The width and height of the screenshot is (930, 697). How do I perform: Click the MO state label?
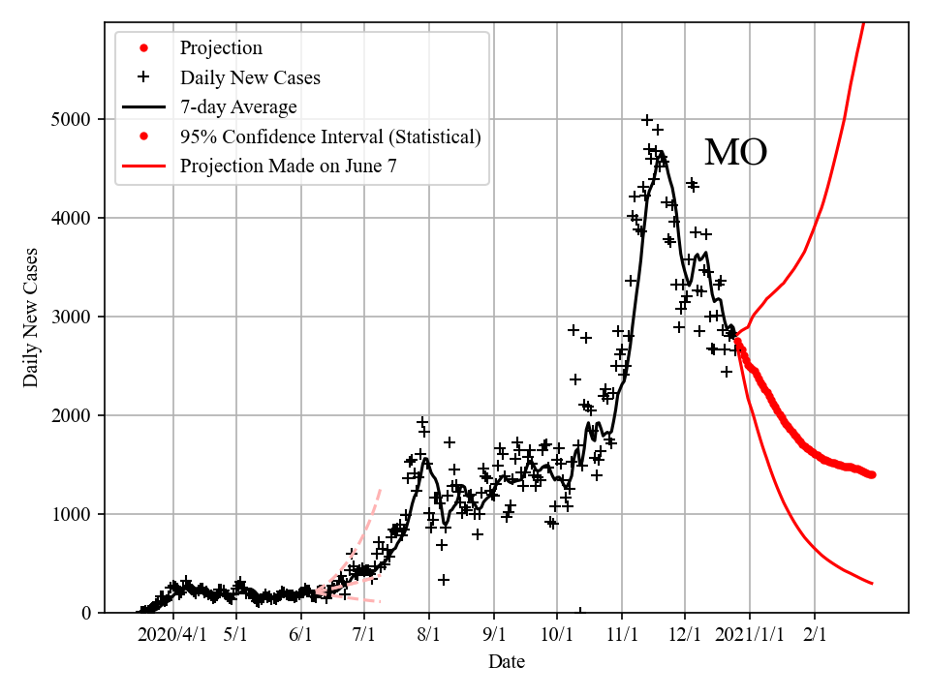click(735, 153)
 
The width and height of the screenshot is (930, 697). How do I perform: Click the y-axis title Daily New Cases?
click(32, 317)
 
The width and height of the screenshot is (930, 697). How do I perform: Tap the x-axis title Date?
click(507, 662)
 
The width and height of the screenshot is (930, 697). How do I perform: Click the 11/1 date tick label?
click(621, 635)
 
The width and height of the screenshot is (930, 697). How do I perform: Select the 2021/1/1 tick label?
click(749, 635)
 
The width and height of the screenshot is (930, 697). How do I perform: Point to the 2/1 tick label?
click(814, 635)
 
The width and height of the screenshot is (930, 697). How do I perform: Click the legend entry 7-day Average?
click(238, 106)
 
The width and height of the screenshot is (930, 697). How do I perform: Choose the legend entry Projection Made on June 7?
click(288, 167)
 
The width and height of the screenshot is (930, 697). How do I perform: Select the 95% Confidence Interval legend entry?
click(329, 136)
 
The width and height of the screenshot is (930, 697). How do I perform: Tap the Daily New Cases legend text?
click(250, 76)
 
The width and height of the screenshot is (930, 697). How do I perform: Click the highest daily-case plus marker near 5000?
click(647, 120)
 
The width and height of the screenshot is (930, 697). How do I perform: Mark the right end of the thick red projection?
click(872, 474)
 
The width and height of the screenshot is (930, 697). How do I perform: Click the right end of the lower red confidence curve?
click(872, 583)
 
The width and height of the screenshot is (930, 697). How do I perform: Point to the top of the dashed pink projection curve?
click(379, 490)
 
